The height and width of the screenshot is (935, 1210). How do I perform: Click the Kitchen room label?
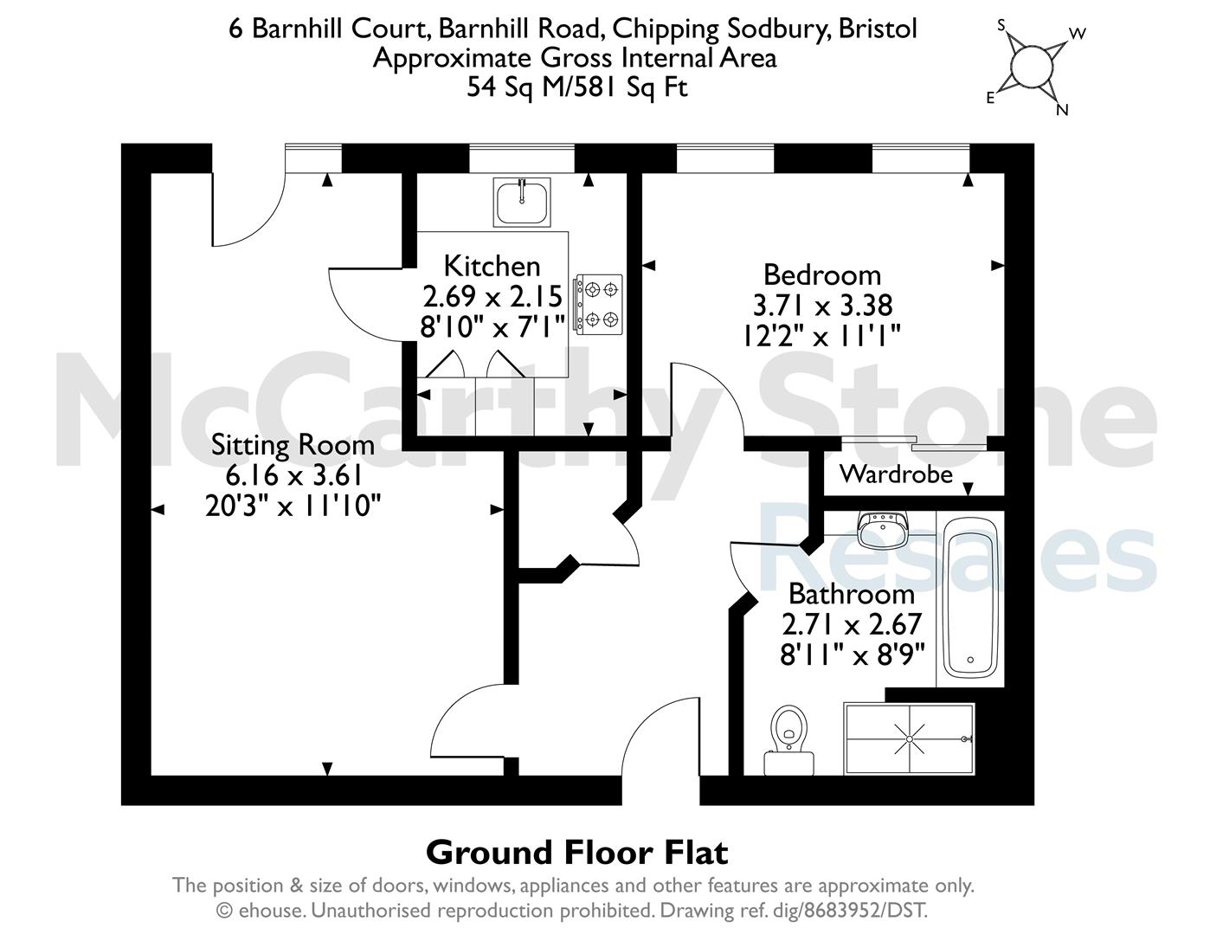pos(492,266)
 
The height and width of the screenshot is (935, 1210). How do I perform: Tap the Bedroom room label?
pos(822,275)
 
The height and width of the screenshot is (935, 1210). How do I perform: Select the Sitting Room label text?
pos(293,445)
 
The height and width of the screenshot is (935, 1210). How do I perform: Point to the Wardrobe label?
pos(896,474)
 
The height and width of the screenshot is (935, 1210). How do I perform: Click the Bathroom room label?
pos(852,594)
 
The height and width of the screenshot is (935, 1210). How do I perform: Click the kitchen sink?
pos(522,202)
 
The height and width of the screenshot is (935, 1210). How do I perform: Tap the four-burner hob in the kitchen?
pos(599,305)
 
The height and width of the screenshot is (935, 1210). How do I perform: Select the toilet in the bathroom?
pos(789,740)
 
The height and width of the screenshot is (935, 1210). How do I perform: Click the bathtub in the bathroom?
pos(970,599)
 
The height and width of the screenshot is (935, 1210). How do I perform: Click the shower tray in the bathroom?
pos(909,738)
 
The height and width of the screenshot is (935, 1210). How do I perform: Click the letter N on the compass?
pos(1062,110)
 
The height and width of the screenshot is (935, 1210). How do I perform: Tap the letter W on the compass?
pos(1078,34)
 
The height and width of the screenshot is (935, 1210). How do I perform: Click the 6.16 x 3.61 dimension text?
pos(293,475)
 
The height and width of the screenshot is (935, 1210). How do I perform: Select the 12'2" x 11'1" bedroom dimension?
pos(822,336)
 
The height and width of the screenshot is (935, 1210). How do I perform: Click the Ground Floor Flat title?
pos(577,853)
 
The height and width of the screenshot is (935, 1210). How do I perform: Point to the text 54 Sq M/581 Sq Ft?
pos(577,87)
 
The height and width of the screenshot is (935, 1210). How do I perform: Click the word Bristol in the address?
pos(878,29)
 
